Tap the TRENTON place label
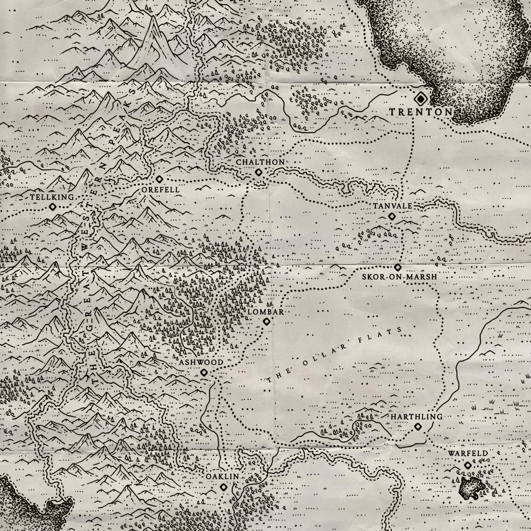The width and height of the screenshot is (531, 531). [421, 112]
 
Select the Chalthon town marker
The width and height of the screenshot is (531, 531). [258, 173]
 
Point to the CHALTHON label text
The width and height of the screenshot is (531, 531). [260, 162]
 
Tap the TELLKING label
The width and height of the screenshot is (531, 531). [52, 197]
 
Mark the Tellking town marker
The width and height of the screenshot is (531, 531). [53, 207]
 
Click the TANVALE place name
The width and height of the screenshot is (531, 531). [392, 206]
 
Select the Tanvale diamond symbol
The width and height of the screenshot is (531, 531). [392, 216]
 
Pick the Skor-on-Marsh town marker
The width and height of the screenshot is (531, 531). [398, 267]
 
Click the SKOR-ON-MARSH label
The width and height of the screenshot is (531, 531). [399, 277]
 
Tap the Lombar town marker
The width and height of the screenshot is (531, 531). [266, 321]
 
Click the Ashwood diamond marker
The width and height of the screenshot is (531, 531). [204, 373]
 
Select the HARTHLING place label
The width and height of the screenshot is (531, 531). [417, 417]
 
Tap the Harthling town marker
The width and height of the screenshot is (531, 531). [418, 427]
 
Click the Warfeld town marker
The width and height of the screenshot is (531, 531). [468, 465]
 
